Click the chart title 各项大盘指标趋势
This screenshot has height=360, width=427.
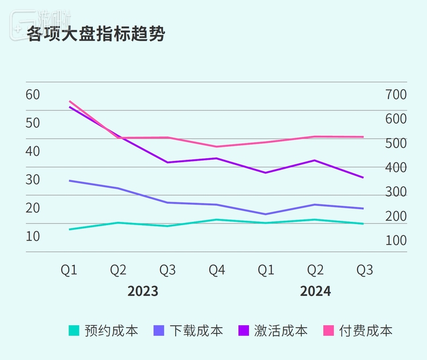pos(96,34)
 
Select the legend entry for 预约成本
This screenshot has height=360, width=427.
pos(103,330)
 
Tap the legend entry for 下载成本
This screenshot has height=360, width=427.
pos(188,330)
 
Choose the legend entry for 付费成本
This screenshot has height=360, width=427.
pos(358,330)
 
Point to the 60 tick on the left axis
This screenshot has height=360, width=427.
pos(33,94)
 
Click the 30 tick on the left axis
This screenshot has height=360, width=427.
pos(33,179)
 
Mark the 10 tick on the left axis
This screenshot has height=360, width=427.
pos(33,235)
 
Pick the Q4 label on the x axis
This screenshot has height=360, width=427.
pos(216,270)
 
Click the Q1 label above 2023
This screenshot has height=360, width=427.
pos(69,270)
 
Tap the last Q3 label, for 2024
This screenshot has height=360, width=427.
pos(364,270)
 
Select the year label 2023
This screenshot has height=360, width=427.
pos(143,292)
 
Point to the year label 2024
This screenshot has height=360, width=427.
pos(315,292)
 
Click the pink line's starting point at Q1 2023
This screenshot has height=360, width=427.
pos(69,101)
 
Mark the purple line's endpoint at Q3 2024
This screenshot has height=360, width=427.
pos(363,177)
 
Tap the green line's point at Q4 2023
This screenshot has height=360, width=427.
pos(216,220)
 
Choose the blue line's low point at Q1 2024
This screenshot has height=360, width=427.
pos(265,214)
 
